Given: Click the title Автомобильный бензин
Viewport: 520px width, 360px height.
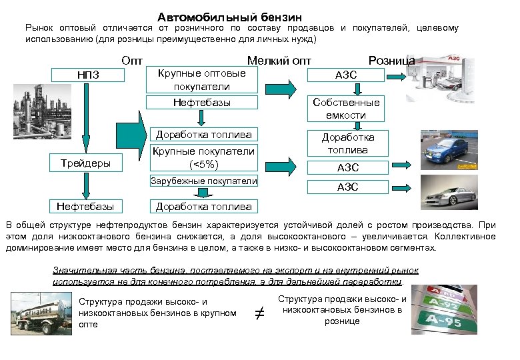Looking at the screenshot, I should coord(230,16).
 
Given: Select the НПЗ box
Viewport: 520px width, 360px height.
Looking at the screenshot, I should coord(88,74).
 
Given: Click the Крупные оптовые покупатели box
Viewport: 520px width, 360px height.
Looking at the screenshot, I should coord(201,80).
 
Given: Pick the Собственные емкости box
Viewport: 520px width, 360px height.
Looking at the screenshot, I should coord(347,108).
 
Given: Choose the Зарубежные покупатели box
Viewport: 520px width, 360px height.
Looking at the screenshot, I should coord(203,181).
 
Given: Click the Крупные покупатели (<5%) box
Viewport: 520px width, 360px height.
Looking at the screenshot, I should coord(203,157).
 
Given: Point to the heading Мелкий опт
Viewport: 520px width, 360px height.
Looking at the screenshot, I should coord(279,61).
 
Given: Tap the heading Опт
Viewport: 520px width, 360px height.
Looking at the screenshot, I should coord(133,61).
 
